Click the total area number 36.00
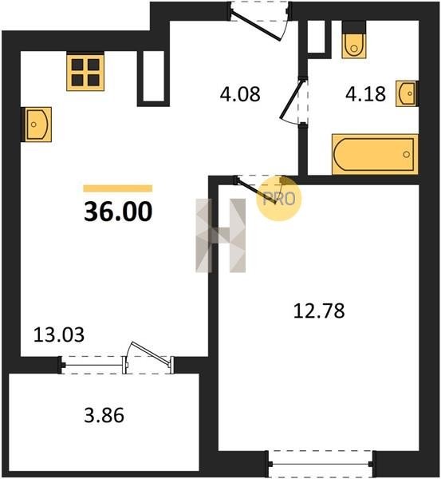pyautogui.click(x=118, y=212)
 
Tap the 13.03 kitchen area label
pyautogui.click(x=58, y=335)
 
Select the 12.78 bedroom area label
pyautogui.click(x=319, y=311)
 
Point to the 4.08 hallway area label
pyautogui.click(x=240, y=94)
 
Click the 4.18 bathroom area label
pyautogui.click(x=365, y=93)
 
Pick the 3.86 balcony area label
pyautogui.click(x=104, y=415)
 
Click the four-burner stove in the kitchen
pyautogui.click(x=85, y=73)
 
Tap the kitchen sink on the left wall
pyautogui.click(x=37, y=125)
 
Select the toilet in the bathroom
pyautogui.click(x=354, y=40)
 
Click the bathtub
pyautogui.click(x=375, y=154)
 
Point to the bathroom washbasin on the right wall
pyautogui.click(x=407, y=93)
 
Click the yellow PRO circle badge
pyautogui.click(x=278, y=199)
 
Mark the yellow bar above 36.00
pyautogui.click(x=118, y=188)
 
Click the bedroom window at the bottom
pyautogui.click(x=321, y=464)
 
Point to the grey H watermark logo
pyautogui.click(x=220, y=236)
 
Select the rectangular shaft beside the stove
pyautogui.click(x=153, y=78)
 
